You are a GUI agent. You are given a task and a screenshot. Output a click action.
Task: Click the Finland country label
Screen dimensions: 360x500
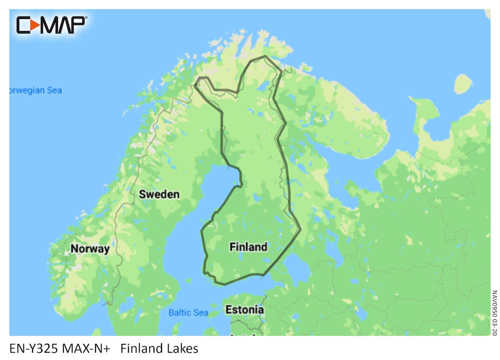coord(248,246)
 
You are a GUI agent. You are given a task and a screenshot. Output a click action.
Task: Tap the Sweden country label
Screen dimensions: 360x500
coord(159,194)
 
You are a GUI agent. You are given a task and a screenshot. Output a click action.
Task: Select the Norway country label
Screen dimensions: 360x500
coord(89,248)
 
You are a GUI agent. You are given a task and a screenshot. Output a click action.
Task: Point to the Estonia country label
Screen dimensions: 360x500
coord(244,309)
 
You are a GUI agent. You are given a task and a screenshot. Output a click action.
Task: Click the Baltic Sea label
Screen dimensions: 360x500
coord(188,313)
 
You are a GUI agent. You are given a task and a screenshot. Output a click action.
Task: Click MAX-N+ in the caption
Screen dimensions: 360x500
coord(87,348)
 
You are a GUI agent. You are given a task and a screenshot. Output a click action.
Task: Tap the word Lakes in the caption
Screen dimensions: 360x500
coord(183,348)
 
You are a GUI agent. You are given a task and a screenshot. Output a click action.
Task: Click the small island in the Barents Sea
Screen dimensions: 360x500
coord(463,83)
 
